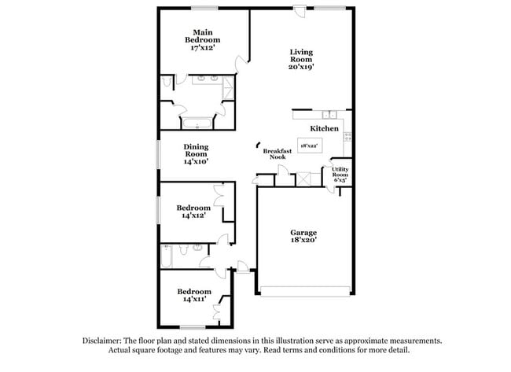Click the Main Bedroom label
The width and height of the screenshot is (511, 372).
click(202, 39)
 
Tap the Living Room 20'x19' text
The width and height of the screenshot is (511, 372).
click(301, 59)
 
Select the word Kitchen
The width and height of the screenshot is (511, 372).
click(324, 128)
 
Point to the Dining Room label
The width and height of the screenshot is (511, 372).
click(196, 153)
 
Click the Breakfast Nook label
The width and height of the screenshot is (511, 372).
click(278, 153)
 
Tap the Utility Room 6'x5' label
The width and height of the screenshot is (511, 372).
click(340, 174)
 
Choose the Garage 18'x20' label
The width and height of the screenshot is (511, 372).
click(303, 237)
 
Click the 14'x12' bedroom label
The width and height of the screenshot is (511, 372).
click(193, 212)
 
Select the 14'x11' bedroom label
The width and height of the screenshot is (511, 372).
click(193, 295)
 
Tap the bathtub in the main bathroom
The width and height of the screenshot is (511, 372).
click(197, 123)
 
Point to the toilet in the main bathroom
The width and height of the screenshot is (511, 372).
click(167, 82)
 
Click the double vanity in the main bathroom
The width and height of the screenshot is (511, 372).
click(207, 79)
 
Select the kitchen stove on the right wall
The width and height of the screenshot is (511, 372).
click(347, 136)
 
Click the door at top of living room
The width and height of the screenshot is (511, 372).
click(300, 11)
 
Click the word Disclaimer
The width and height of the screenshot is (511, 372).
click(105, 341)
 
